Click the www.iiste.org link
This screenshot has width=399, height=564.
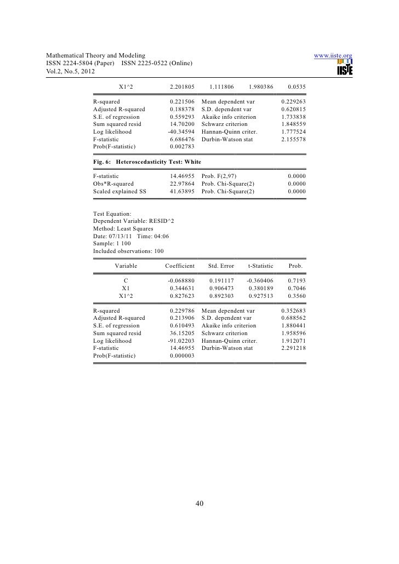pos(333,56)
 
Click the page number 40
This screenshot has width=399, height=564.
pos(200,504)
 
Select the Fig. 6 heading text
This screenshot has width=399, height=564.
pos(147,163)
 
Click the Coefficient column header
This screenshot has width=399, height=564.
pos(180,266)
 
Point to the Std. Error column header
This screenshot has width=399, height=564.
pos(221,266)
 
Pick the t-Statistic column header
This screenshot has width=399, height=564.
pos(260,266)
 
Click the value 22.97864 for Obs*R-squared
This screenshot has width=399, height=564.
pos(182,183)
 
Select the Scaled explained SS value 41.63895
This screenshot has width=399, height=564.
pos(182,192)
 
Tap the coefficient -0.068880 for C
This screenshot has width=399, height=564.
pos(181,279)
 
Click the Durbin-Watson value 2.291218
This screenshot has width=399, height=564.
pos(293,348)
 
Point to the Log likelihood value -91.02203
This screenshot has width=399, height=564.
pos(181,340)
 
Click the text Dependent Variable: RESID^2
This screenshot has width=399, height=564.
pos(134,221)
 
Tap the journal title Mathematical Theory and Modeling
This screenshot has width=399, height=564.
pos(96,56)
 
